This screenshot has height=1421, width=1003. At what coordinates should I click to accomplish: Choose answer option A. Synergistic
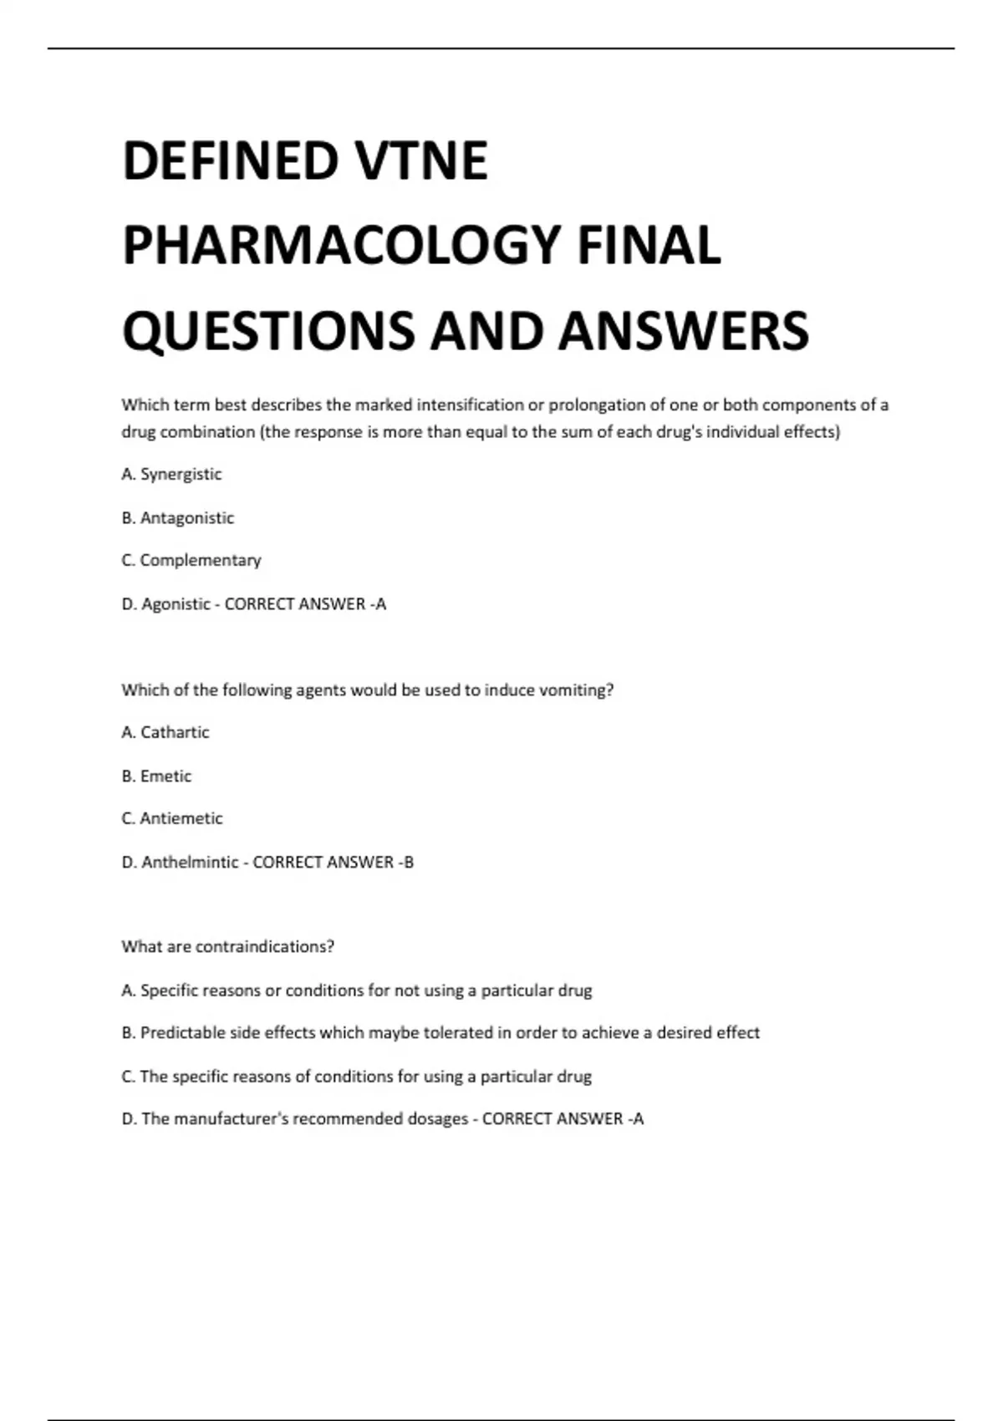[x=171, y=474]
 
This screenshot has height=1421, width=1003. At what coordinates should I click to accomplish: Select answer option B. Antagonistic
[x=177, y=517]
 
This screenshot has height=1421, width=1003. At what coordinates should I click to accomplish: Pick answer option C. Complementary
[x=191, y=560]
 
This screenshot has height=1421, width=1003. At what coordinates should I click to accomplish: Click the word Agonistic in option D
[x=176, y=604]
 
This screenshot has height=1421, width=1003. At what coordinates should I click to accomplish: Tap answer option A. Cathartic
[x=165, y=732]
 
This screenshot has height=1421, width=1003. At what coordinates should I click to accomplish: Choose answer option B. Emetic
[x=156, y=776]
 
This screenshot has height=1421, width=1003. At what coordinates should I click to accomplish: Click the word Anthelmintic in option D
[x=190, y=862]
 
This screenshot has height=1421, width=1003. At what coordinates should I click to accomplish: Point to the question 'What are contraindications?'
[x=227, y=946]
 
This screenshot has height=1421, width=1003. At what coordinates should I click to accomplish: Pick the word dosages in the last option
[x=437, y=1118]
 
